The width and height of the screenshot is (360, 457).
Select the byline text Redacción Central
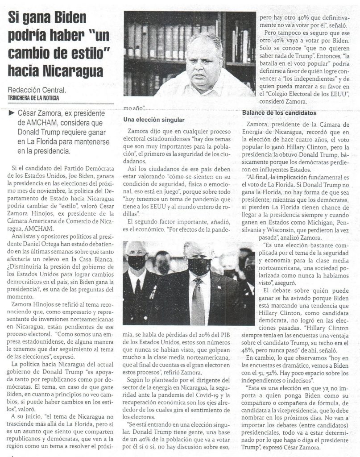[37, 90]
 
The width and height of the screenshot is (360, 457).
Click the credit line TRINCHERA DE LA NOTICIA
[33, 97]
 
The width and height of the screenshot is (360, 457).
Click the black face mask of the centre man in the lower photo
[199, 266]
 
